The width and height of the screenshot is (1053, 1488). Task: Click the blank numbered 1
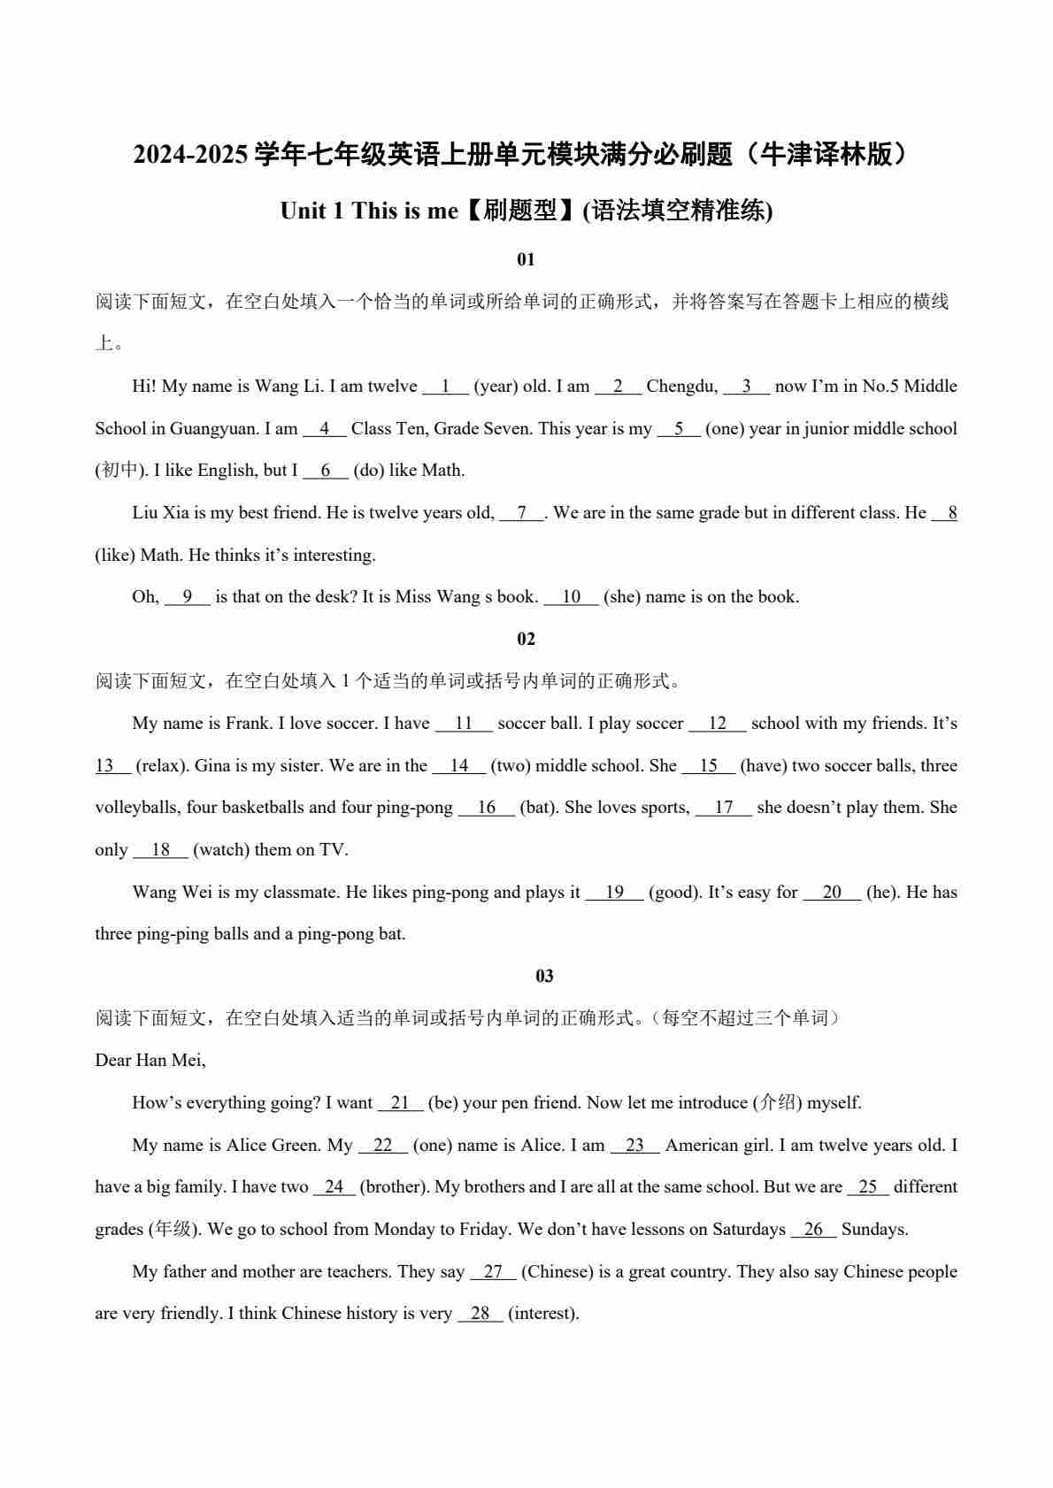coord(445,387)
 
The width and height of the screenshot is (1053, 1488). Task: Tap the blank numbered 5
coord(679,429)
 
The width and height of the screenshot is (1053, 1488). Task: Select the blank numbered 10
coord(571,597)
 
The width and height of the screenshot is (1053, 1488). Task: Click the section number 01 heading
coord(526,259)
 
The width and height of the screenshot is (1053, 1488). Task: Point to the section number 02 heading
coord(526,639)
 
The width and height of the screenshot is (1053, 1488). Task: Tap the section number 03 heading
coord(544,976)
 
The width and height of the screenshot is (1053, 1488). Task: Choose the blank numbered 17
coord(724,808)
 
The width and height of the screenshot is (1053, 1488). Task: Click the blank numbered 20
coord(832,893)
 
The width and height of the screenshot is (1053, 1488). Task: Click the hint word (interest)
coord(543,1314)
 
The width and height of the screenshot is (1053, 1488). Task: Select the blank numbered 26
coord(813,1230)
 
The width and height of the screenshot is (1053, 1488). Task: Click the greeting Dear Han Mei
coord(150,1061)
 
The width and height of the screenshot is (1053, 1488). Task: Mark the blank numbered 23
coord(634,1146)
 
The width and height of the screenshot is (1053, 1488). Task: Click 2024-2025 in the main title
coord(190,155)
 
